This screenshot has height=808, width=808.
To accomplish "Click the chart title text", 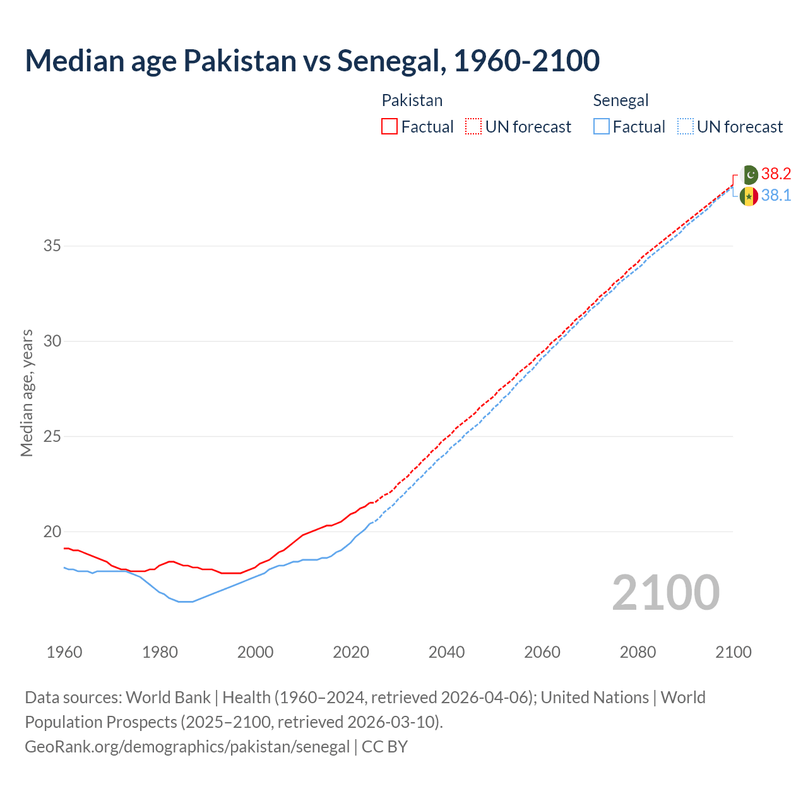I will click(x=312, y=61).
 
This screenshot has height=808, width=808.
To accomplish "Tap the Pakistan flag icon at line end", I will click(x=749, y=174).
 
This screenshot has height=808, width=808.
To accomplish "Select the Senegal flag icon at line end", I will click(x=749, y=196).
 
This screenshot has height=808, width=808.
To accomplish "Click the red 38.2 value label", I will click(x=776, y=174).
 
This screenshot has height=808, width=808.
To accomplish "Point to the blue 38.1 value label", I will click(x=776, y=196).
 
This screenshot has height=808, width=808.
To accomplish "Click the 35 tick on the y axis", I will click(x=52, y=246).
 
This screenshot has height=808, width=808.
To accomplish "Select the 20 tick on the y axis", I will click(x=52, y=532).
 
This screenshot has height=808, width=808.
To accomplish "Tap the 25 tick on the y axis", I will click(x=52, y=436).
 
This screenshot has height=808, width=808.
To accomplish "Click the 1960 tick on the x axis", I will click(x=64, y=652).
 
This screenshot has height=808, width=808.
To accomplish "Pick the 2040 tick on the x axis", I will click(x=446, y=652).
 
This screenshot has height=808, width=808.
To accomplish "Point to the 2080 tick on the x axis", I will click(x=638, y=652).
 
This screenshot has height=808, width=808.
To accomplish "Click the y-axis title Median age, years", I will click(x=27, y=393).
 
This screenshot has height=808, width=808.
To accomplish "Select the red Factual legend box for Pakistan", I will click(x=389, y=127).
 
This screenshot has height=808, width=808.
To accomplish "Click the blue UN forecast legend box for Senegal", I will click(x=686, y=127).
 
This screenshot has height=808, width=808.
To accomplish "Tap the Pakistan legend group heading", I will click(x=412, y=100).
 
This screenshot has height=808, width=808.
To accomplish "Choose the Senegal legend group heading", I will click(x=621, y=100).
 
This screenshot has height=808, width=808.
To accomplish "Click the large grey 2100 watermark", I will click(x=665, y=593).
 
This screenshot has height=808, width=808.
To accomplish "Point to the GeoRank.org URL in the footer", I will click(x=187, y=747).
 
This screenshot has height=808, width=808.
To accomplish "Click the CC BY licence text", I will click(x=384, y=747).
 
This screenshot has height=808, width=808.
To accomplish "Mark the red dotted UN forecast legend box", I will click(x=473, y=127).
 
